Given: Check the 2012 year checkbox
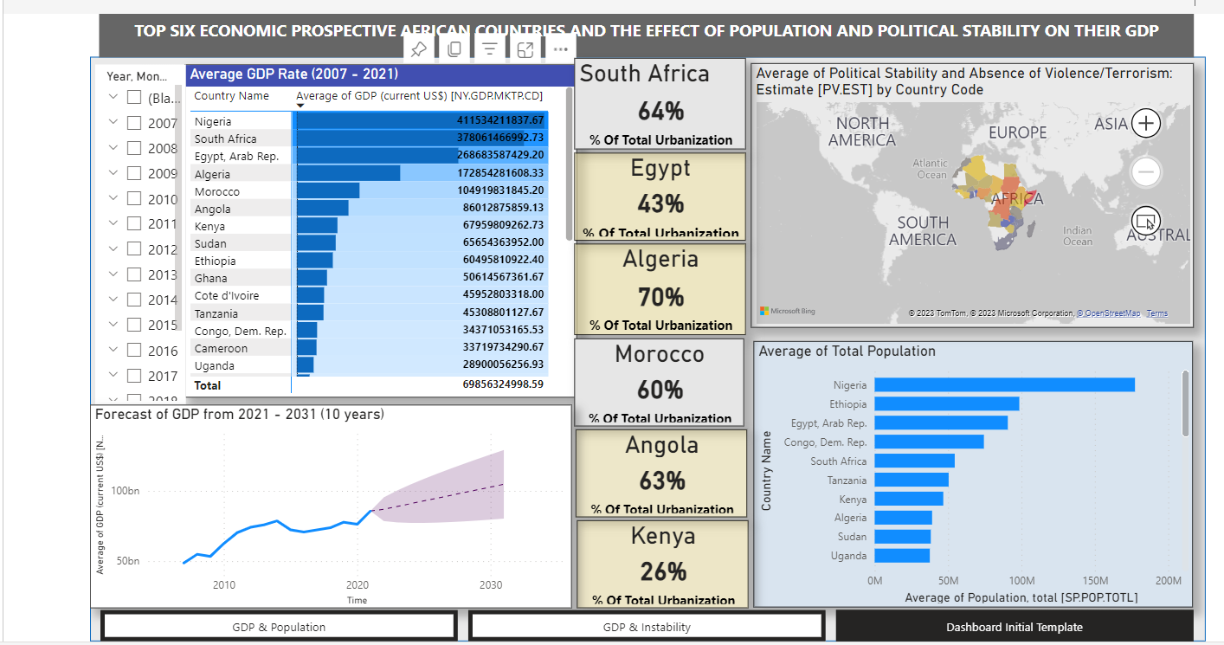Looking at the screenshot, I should tap(134, 248).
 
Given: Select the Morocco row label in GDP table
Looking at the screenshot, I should tap(217, 191).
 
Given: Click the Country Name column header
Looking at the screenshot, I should tap(231, 96).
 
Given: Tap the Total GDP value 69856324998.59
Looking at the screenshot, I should tap(503, 385).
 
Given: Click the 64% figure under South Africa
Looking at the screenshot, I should tap(660, 111).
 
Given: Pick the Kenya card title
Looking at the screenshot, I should tap(662, 536).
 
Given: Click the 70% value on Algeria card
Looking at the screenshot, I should tap(660, 297).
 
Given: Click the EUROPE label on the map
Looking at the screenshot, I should tap(1018, 132).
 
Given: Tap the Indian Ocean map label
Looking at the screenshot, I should tap(1077, 235).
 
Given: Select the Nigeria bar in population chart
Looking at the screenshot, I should tap(1004, 385).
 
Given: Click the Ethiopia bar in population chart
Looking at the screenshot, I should tap(946, 404).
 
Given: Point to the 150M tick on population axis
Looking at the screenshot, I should tap(1095, 580).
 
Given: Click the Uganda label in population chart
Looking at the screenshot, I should tap(848, 556).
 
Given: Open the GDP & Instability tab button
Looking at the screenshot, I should tap(647, 627).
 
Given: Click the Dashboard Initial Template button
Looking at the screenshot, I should tap(1014, 627).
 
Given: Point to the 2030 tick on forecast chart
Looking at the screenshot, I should tap(491, 584).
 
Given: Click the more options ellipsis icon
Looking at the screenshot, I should tap(560, 49).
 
